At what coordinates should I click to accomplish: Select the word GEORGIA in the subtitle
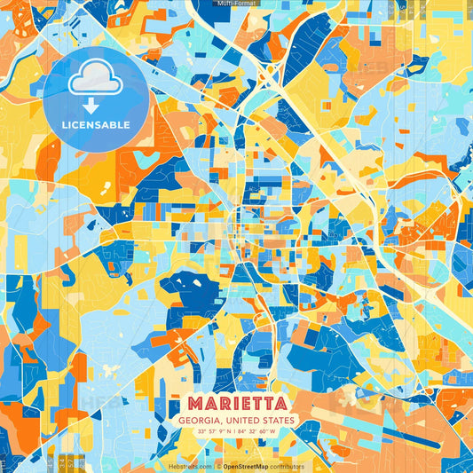point(201,420)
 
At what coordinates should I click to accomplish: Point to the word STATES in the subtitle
point(279,420)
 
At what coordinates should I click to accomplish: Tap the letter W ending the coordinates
point(274,432)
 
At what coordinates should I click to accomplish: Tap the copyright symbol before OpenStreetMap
point(218,466)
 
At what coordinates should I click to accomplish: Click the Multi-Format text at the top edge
point(236,4)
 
